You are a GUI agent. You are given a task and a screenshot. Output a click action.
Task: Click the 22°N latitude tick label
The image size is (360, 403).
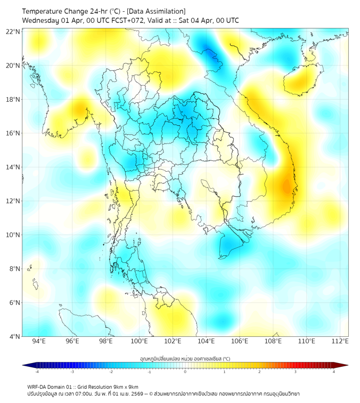[13, 31]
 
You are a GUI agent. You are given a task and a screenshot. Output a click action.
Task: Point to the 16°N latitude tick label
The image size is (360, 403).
[13, 133]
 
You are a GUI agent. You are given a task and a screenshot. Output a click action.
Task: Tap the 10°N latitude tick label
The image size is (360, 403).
[13, 235]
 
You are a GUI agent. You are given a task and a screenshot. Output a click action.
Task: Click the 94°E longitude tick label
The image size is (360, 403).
[39, 341]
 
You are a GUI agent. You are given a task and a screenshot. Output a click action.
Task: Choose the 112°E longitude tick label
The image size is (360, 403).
[340, 341]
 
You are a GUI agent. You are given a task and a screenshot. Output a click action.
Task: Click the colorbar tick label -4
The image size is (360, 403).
[37, 372]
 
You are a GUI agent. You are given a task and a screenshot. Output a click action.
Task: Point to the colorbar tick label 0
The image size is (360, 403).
[185, 372]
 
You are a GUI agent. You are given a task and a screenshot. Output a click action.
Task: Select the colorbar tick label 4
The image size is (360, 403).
[334, 372]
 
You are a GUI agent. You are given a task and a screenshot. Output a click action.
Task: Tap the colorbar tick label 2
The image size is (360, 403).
[259, 372]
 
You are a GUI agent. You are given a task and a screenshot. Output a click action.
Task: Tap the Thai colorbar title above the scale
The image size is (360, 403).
[185, 359]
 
